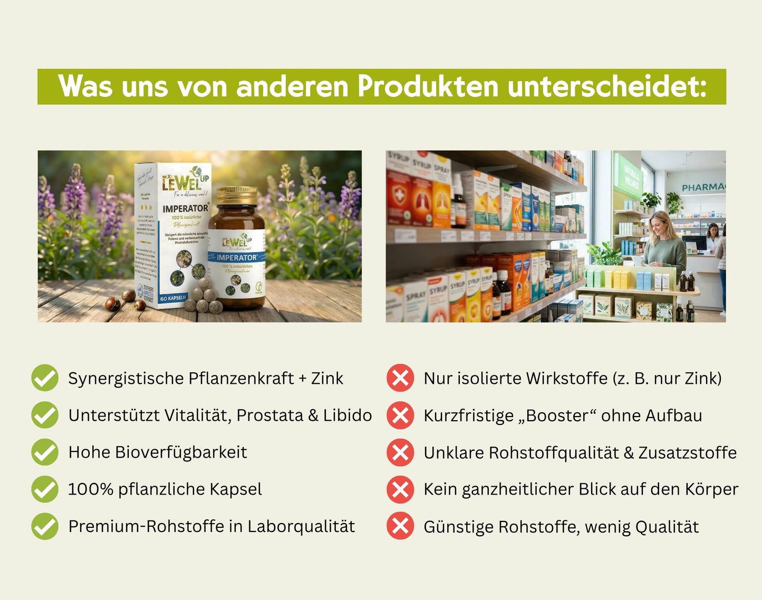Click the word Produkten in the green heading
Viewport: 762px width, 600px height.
428,86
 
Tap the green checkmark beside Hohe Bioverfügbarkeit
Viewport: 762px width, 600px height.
45,452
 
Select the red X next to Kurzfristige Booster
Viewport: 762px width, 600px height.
400,415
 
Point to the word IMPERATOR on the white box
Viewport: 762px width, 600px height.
185,208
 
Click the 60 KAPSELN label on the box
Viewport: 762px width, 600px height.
173,298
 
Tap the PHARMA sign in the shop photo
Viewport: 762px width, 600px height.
703,187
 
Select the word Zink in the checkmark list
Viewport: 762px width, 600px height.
327,378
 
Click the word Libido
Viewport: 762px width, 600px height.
348,415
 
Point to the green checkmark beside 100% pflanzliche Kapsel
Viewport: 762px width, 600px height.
45,489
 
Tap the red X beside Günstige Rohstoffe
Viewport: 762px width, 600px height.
400,526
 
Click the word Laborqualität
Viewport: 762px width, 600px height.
301,526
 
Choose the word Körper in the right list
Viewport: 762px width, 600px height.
711,489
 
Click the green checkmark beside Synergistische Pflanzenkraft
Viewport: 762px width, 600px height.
45,378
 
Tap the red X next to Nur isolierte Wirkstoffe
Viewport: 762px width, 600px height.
400,378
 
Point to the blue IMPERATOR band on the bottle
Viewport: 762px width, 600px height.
237,257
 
